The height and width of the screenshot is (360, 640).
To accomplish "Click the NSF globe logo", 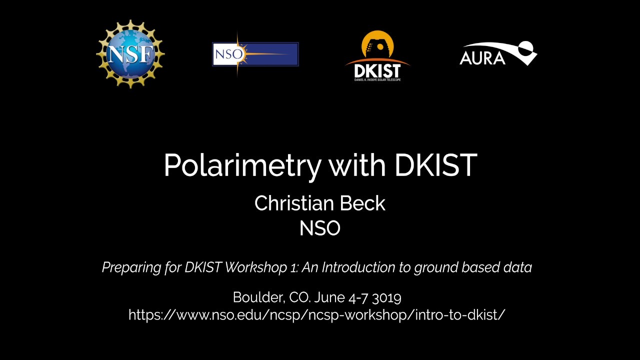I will pos(130,53).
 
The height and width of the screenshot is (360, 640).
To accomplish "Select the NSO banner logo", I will pos(255,54).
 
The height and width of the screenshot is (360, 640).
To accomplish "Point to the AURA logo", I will pos(497,54).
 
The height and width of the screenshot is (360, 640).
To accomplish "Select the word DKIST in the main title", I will pos(435,165).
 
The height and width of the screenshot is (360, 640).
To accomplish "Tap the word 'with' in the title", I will pos(357,165).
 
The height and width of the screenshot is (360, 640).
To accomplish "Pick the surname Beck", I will pos(363,203).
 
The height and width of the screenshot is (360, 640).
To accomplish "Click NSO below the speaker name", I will pos(319,228).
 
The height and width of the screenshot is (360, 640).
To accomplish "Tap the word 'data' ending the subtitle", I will pos(518,267).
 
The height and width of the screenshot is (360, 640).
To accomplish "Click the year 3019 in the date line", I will pos(385,298).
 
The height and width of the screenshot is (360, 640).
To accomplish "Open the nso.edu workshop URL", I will pos(317,315).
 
